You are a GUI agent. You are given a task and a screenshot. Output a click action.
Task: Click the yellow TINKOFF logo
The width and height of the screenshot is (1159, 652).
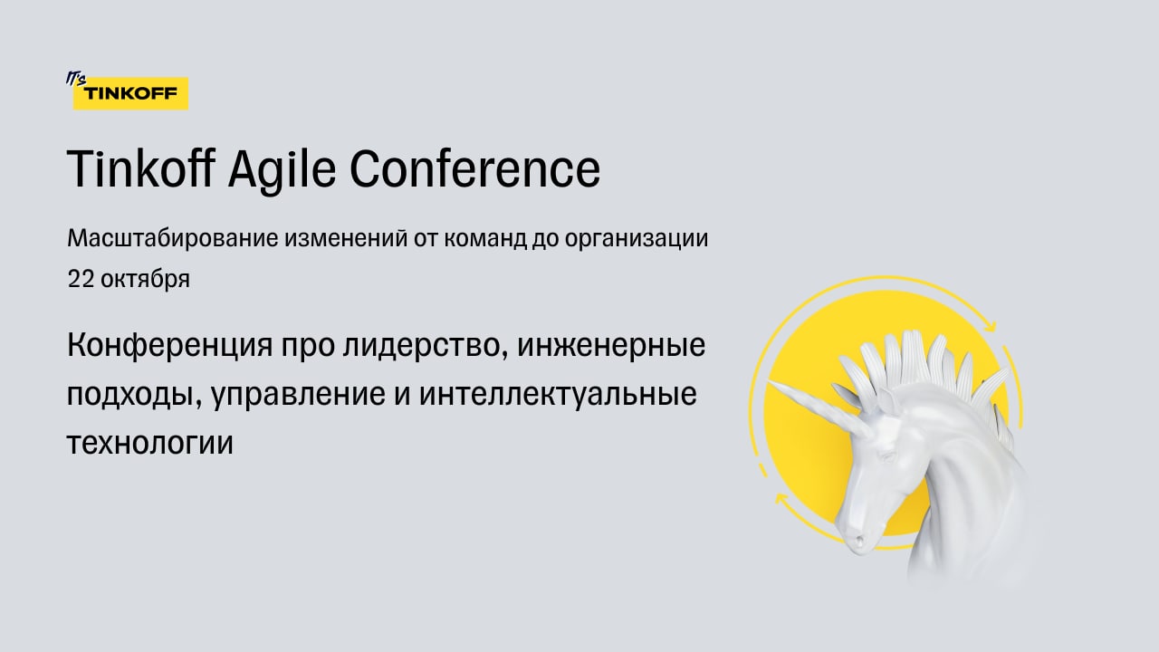(x=130, y=93)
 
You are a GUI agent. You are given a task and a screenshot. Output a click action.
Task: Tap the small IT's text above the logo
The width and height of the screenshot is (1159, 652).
(x=75, y=78)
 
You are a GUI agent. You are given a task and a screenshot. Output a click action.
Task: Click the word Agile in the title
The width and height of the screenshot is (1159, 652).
(x=282, y=169)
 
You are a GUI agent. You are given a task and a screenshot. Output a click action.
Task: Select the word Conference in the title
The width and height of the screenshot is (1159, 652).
(x=475, y=168)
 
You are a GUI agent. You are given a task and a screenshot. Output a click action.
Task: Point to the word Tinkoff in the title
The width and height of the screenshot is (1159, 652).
(x=140, y=168)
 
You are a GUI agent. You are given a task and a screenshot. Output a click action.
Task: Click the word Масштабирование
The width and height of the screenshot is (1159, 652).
(x=173, y=238)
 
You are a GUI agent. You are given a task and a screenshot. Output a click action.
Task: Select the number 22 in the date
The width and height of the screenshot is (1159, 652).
(x=81, y=279)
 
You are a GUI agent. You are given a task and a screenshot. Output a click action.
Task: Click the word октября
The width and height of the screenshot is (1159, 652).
(x=146, y=279)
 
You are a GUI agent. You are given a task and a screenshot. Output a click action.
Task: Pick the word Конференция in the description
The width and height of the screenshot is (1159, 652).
(x=169, y=346)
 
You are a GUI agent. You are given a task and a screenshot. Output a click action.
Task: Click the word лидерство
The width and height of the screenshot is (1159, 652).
(x=425, y=346)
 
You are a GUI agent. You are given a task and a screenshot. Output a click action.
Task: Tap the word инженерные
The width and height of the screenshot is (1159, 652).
(x=611, y=346)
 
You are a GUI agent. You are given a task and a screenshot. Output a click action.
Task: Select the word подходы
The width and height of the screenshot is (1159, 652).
(x=135, y=395)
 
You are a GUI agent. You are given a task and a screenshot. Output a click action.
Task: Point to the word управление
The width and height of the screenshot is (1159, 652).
(x=298, y=395)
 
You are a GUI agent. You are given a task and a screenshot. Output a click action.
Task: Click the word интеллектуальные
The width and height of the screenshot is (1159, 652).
(x=558, y=395)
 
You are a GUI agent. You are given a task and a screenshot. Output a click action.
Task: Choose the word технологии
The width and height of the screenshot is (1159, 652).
(x=150, y=444)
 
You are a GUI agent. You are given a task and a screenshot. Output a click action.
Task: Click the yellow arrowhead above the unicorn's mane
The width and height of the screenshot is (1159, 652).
(x=990, y=327)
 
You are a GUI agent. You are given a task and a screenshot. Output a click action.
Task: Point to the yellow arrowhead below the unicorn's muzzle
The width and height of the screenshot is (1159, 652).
(x=781, y=499)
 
